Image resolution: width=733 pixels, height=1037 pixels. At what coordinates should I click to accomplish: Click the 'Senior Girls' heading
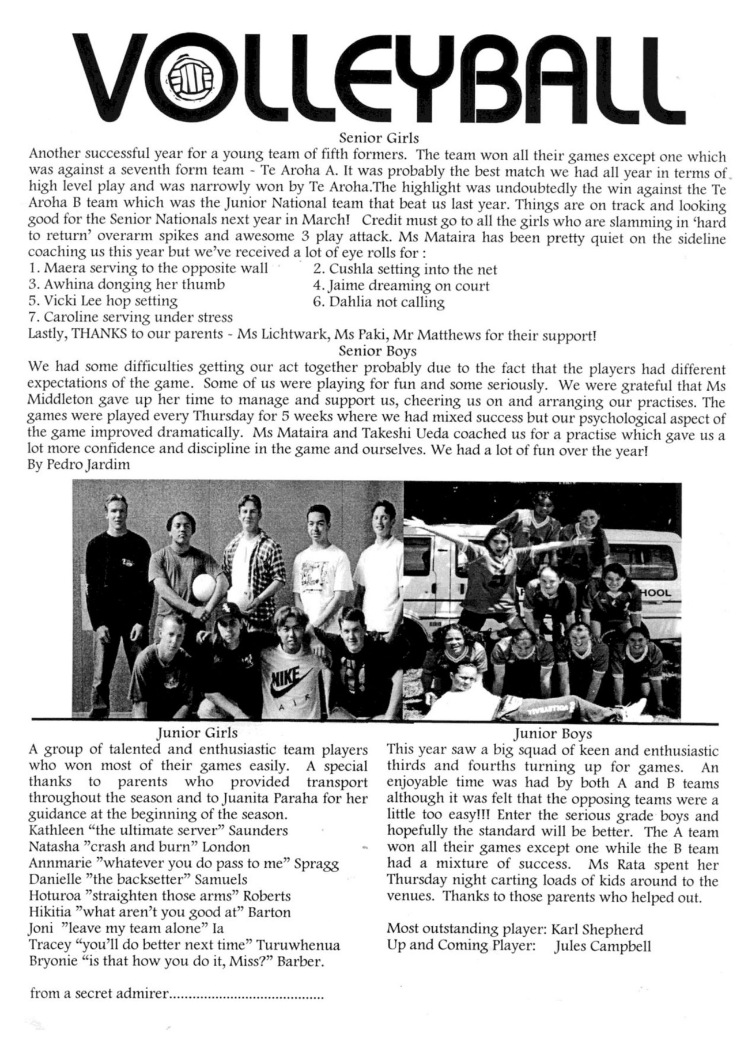(379, 138)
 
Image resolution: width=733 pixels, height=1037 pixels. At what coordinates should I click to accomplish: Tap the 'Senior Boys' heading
(377, 350)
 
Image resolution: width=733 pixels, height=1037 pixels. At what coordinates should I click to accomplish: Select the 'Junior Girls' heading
(197, 733)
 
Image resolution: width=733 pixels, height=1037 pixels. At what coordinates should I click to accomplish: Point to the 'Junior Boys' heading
(553, 733)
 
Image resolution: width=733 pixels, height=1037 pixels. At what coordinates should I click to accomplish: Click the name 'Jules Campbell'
(602, 946)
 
